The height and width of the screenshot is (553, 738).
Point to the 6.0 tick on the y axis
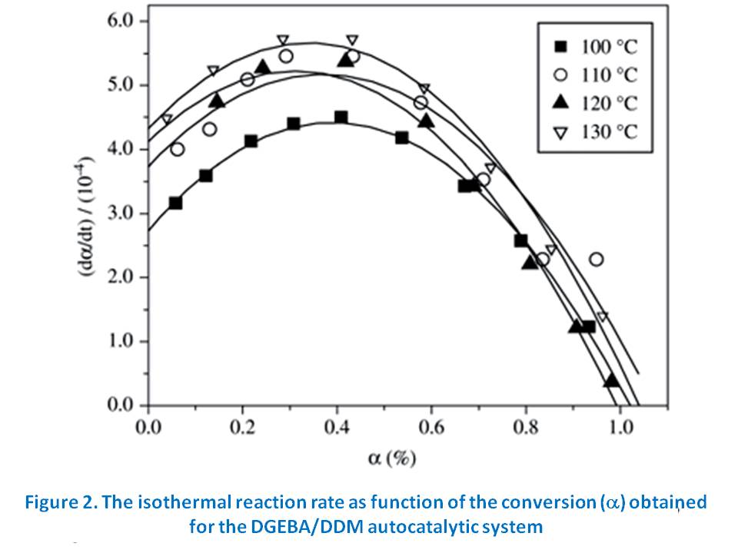121,21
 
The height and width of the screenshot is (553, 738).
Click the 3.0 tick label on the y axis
121,213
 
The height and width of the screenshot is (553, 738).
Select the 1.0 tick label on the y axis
121,341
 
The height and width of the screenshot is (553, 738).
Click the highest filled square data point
341,118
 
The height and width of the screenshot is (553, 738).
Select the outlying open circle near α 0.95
596,259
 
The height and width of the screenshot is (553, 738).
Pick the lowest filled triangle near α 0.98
611,380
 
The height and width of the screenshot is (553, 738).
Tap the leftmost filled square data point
175,203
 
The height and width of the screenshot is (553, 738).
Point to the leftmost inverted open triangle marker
167,119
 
